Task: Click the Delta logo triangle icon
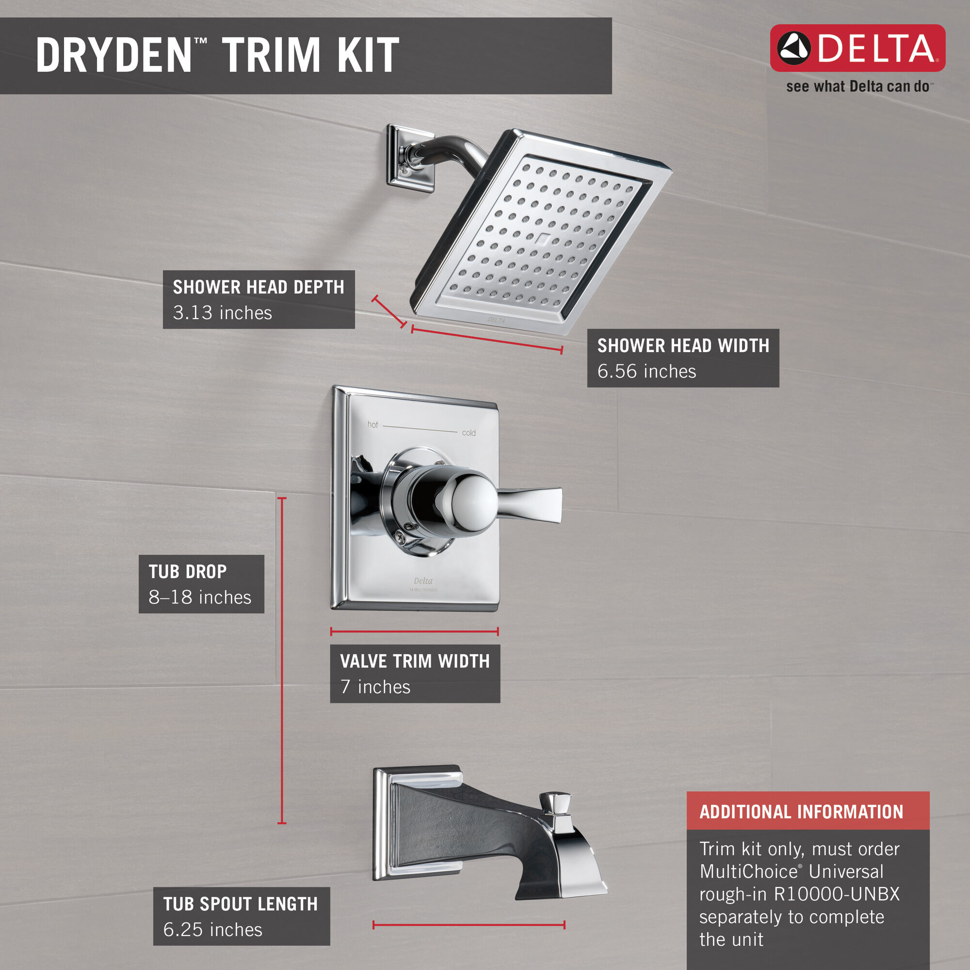point(794,48)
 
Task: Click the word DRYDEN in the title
point(114,55)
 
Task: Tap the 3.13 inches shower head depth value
point(223,313)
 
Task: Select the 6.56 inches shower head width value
point(646,372)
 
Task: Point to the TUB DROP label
point(187,571)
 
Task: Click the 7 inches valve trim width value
point(375,687)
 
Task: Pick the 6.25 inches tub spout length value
point(212,930)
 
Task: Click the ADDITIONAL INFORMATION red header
point(801,812)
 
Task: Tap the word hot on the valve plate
point(372,425)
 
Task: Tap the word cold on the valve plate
point(469,433)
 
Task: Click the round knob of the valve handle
point(473,502)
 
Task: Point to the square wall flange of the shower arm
point(409,159)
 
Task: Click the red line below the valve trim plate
point(414,631)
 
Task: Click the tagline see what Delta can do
point(857,87)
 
